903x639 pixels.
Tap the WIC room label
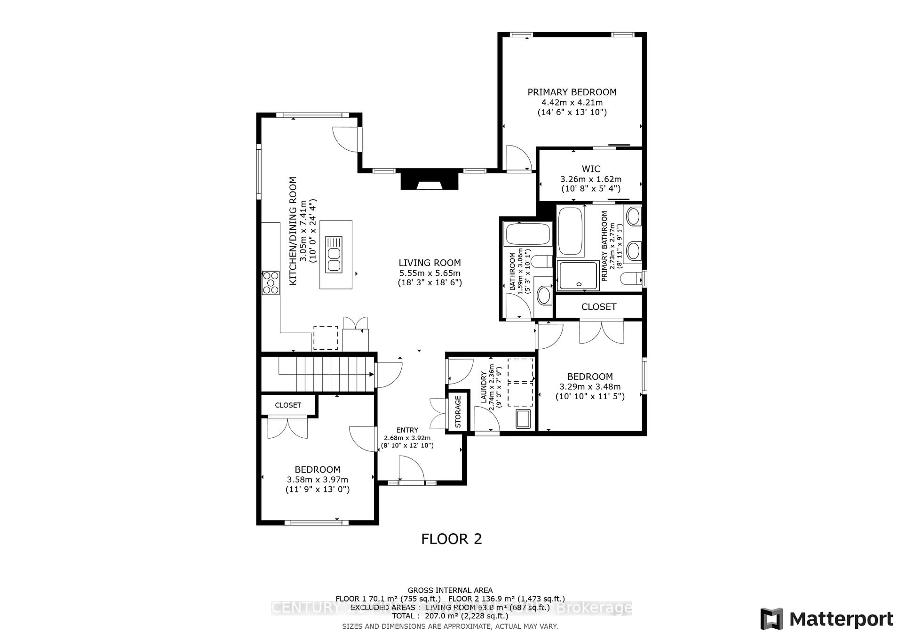tap(591, 169)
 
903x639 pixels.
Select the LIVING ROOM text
tap(429, 263)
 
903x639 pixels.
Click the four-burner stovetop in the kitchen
tap(271, 283)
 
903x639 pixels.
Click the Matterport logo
tap(827, 619)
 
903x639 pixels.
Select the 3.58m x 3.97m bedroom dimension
tap(317, 480)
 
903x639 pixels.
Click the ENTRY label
tap(407, 430)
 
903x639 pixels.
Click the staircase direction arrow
tap(371, 374)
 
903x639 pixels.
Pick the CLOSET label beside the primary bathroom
tap(599, 307)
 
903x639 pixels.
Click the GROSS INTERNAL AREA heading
tap(450, 590)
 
